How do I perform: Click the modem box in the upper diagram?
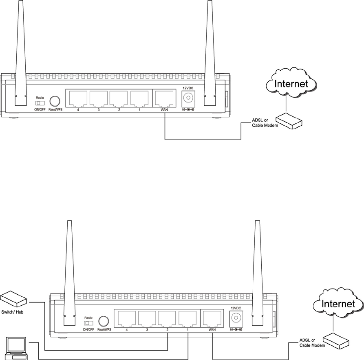coord(289,120)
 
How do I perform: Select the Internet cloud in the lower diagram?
coord(338,304)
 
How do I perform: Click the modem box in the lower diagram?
coord(337,340)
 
